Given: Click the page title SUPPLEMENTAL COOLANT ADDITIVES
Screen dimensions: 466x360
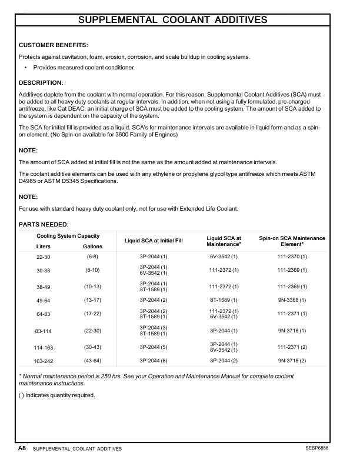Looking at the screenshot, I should click(x=173, y=20).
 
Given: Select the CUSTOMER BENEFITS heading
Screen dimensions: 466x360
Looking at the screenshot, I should click(x=54, y=45).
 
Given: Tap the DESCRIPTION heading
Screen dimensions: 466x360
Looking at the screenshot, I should click(x=41, y=82).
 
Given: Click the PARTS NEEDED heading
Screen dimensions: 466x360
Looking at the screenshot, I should click(x=44, y=224).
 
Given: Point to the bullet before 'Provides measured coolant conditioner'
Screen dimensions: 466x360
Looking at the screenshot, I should click(x=25, y=68).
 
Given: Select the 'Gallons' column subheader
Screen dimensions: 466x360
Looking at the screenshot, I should click(x=92, y=246).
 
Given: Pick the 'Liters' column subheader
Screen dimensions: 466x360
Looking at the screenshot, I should click(x=44, y=246).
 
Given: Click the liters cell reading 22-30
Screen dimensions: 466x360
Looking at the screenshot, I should click(x=44, y=257).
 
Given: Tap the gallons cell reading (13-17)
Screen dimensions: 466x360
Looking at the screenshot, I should click(x=92, y=301).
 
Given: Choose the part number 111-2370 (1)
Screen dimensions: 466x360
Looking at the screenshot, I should click(x=292, y=257).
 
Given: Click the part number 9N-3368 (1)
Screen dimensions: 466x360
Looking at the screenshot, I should click(x=292, y=301).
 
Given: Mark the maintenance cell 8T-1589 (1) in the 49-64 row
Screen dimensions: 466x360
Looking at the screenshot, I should click(x=224, y=301).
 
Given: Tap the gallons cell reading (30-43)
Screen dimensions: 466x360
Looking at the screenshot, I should click(x=92, y=347).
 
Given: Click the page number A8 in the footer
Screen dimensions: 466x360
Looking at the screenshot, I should click(x=22, y=448).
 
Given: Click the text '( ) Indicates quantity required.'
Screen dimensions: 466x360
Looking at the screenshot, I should click(x=57, y=395).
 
